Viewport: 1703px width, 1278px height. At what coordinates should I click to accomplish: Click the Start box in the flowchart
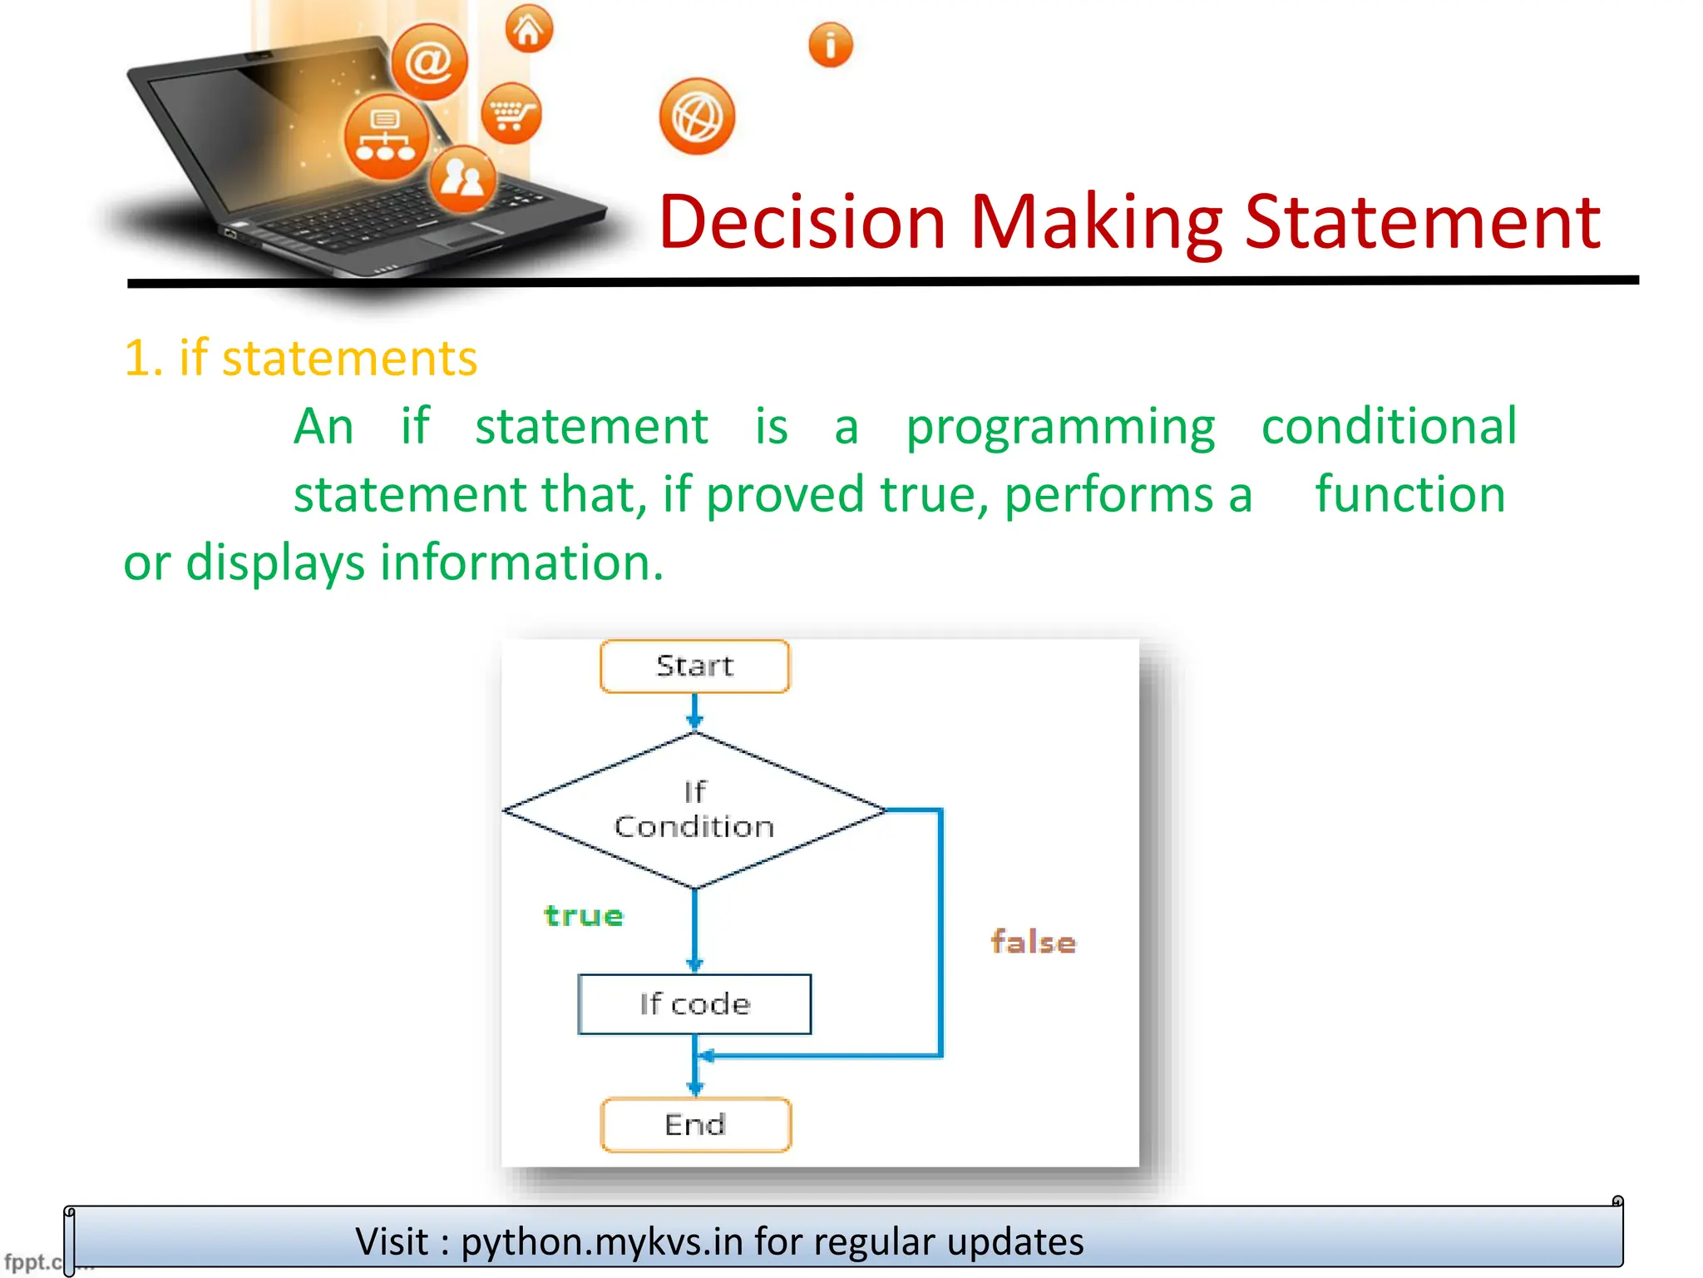pyautogui.click(x=694, y=666)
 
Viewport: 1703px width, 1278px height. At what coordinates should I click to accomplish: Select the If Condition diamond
pyautogui.click(x=694, y=810)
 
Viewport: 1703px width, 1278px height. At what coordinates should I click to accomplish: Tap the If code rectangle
pyautogui.click(x=694, y=1004)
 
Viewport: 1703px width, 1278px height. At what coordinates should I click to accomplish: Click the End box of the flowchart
pyautogui.click(x=696, y=1125)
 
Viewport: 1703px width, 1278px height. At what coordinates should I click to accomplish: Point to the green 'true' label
pyautogui.click(x=584, y=916)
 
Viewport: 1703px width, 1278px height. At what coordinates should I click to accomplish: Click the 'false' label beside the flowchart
pyautogui.click(x=1033, y=943)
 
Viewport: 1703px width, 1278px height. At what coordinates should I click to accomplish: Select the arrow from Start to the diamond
pyautogui.click(x=695, y=712)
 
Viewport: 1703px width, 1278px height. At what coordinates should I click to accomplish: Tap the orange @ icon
pyautogui.click(x=429, y=62)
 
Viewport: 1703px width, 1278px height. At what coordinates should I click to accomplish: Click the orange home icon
pyautogui.click(x=529, y=30)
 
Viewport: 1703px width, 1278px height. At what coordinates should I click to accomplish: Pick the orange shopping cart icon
pyautogui.click(x=511, y=113)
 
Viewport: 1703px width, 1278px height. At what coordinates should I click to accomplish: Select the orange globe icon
pyautogui.click(x=697, y=116)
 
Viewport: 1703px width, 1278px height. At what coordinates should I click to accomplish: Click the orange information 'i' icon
pyautogui.click(x=831, y=44)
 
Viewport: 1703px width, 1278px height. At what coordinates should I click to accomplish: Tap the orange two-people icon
pyautogui.click(x=463, y=177)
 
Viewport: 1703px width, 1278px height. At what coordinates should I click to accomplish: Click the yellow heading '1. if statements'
pyautogui.click(x=301, y=359)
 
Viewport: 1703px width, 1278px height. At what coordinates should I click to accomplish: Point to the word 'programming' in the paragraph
pyautogui.click(x=1060, y=427)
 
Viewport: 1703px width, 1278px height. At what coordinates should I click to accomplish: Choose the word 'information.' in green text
pyautogui.click(x=522, y=562)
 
